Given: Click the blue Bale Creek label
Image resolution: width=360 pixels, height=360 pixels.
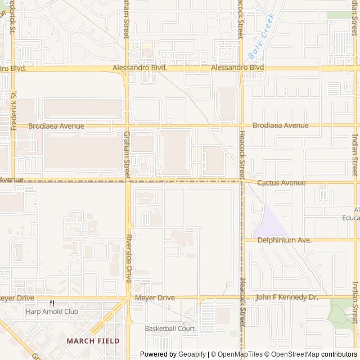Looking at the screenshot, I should click(260, 37).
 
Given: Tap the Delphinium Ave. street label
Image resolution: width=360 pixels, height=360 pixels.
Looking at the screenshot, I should click(285, 240).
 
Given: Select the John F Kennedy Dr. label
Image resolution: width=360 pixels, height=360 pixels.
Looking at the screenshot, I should click(286, 297).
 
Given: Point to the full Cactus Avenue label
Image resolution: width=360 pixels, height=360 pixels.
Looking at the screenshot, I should click(281, 183).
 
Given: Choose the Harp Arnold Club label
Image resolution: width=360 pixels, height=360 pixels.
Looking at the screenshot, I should click(52, 312).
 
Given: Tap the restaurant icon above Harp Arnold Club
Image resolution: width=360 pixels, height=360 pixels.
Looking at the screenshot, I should click(52, 303).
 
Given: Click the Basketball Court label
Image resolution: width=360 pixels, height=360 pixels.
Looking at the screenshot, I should click(169, 328).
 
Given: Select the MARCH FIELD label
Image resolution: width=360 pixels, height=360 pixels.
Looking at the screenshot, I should click(93, 341).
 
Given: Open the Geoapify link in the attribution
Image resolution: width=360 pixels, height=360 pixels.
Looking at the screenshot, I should click(192, 354).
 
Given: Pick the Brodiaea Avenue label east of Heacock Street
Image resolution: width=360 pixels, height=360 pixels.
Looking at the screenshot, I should click(280, 125).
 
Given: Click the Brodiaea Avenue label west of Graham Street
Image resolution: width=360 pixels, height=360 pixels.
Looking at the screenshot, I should click(56, 126).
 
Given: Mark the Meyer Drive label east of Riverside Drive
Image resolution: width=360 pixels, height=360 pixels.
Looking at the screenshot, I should click(155, 298).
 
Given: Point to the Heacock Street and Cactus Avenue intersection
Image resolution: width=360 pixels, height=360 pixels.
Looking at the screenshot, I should click(242, 181).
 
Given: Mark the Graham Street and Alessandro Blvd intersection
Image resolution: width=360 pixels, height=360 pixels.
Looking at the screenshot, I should click(127, 69).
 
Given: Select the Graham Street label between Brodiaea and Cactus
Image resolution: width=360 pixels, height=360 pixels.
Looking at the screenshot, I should click(127, 152).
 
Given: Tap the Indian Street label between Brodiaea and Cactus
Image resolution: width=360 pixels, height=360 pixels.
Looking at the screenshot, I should click(354, 155).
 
